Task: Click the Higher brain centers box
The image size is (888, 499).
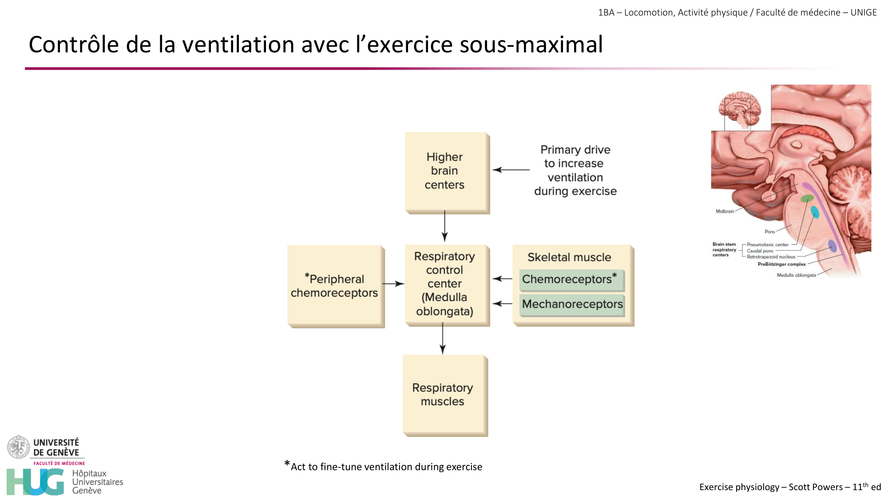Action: pyautogui.click(x=446, y=172)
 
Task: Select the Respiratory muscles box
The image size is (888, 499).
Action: pyautogui.click(x=444, y=395)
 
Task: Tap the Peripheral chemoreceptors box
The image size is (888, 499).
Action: pyautogui.click(x=335, y=286)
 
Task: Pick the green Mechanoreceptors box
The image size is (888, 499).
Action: pyautogui.click(x=572, y=305)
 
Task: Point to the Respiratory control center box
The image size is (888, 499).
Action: pyautogui.click(x=446, y=284)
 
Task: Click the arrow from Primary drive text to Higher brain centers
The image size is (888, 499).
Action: pyautogui.click(x=511, y=170)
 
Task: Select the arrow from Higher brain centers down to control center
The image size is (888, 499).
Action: pyautogui.click(x=444, y=226)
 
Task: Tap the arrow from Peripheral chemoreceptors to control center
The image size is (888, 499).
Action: pyautogui.click(x=393, y=283)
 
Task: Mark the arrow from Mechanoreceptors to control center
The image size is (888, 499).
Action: pyautogui.click(x=503, y=304)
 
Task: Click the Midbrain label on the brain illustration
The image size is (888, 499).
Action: pyautogui.click(x=725, y=212)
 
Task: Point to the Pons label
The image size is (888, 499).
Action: pyautogui.click(x=769, y=232)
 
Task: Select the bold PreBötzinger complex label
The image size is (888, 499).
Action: pyautogui.click(x=781, y=264)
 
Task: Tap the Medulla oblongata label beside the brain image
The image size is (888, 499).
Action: pyautogui.click(x=796, y=275)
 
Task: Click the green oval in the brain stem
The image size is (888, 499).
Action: pyautogui.click(x=807, y=198)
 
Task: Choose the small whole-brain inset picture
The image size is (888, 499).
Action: pyautogui.click(x=740, y=109)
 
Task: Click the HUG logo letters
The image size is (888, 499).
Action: pyautogui.click(x=36, y=482)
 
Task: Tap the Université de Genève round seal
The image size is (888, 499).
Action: pyautogui.click(x=18, y=447)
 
